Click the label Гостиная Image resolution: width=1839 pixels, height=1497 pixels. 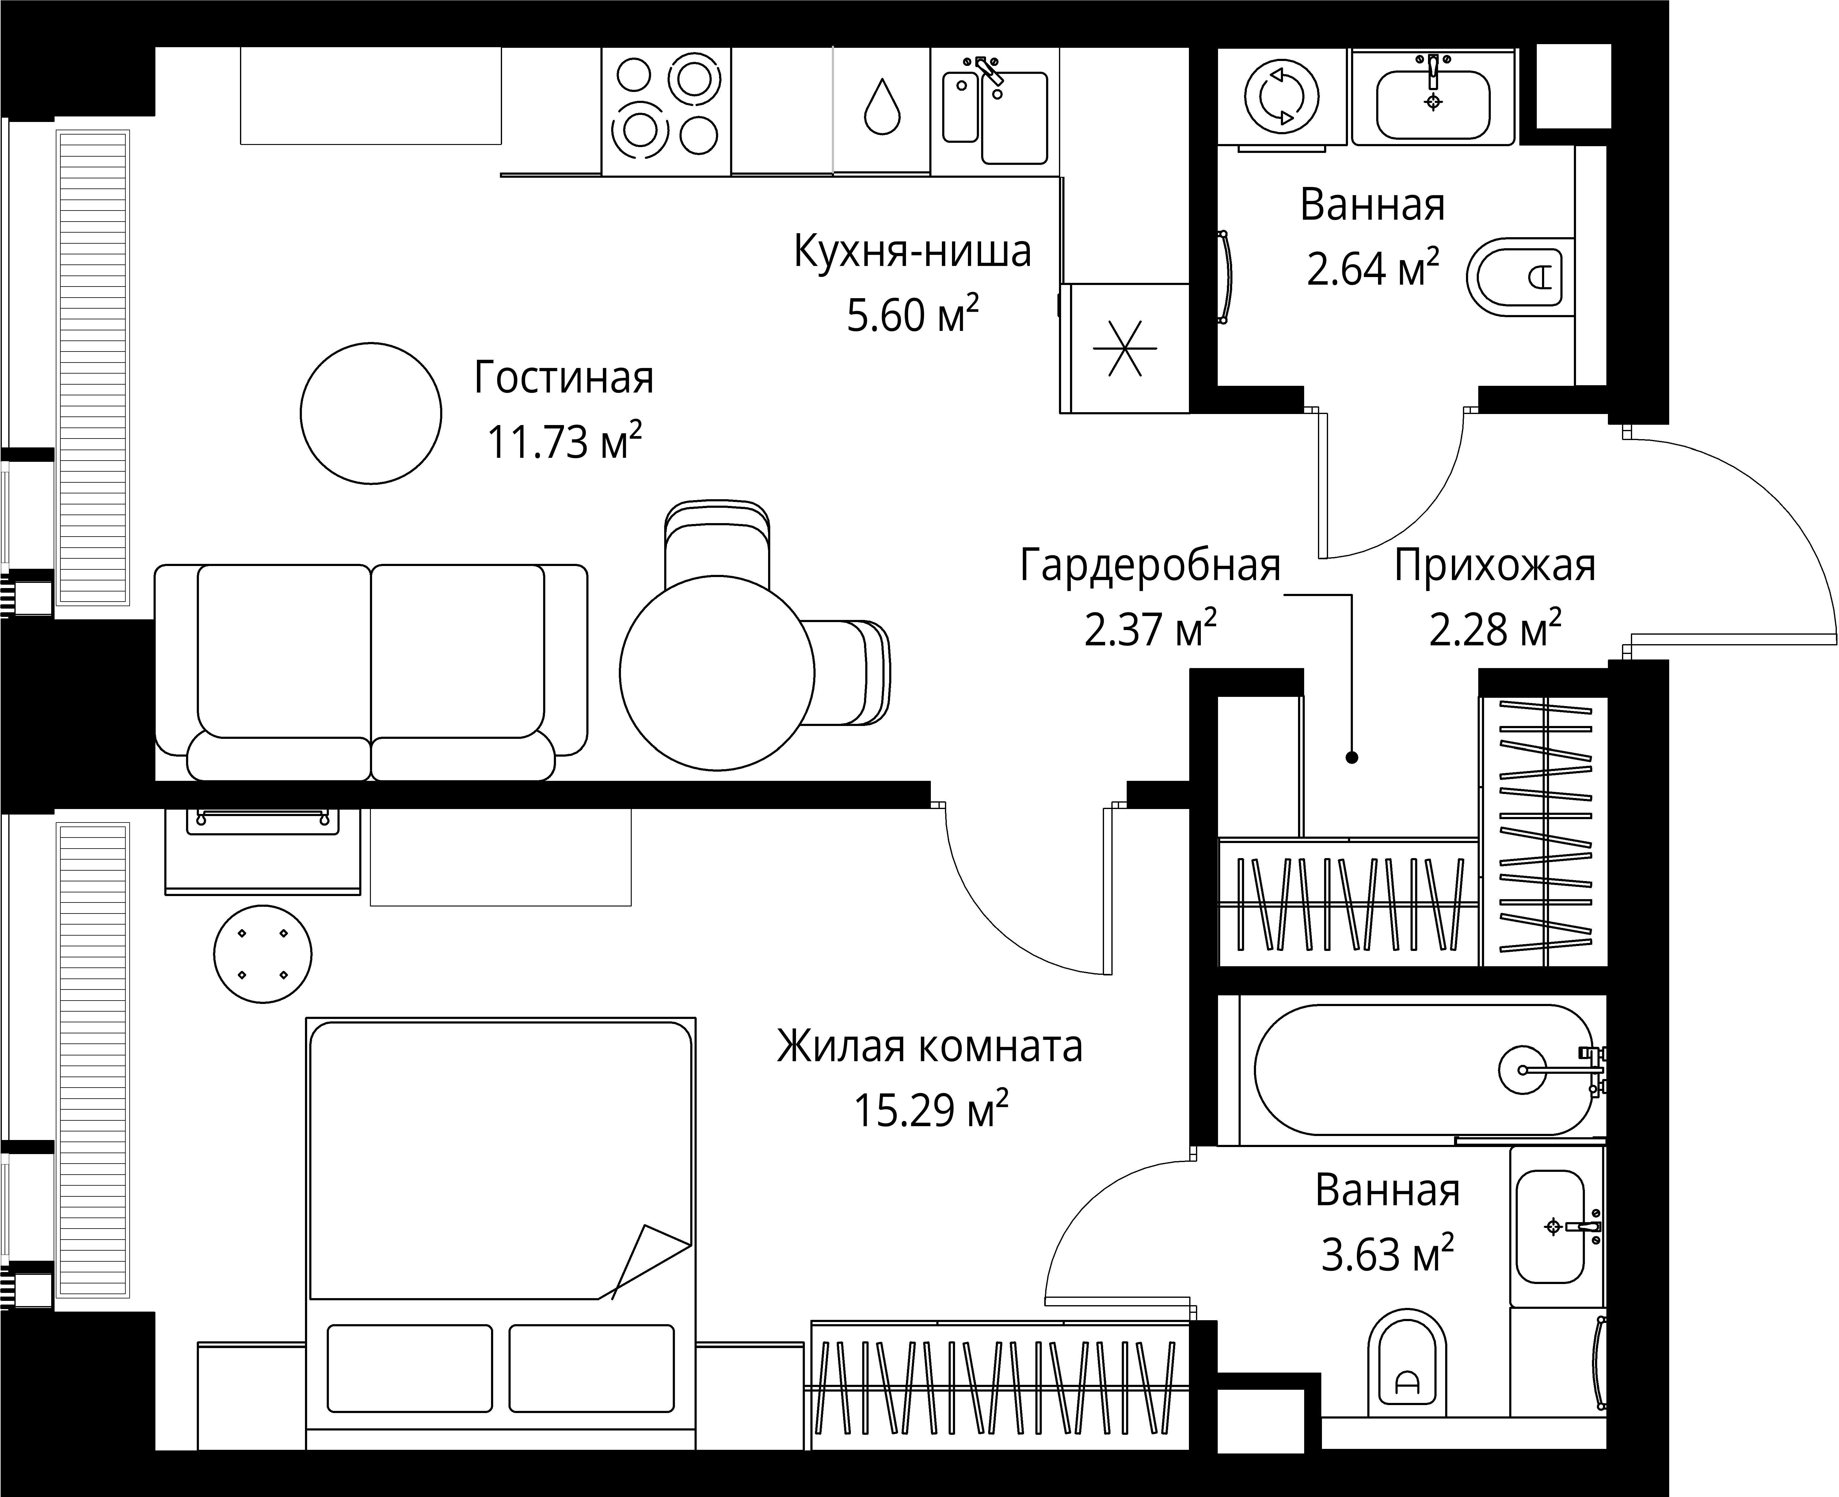coord(563,378)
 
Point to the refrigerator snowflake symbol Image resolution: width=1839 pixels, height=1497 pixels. coord(1125,348)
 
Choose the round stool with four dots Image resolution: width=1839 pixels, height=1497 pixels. coord(262,954)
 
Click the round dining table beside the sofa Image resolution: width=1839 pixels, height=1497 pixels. coord(717,673)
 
